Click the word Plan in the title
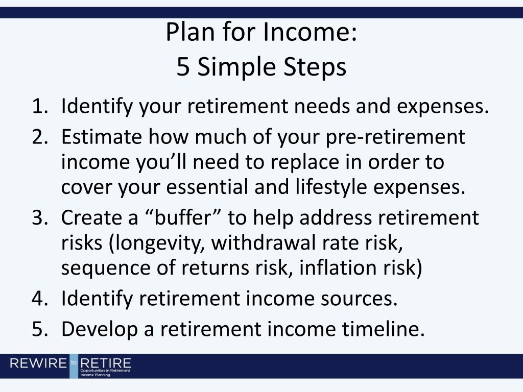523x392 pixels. [190, 32]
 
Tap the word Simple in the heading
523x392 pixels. [237, 67]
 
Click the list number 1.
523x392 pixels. [40, 106]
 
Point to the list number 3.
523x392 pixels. [40, 217]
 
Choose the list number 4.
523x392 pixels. [40, 298]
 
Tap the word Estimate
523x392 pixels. [102, 137]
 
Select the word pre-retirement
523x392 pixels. [395, 137]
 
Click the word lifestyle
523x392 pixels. [331, 187]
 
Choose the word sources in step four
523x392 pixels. [359, 299]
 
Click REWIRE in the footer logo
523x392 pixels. [38, 363]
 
